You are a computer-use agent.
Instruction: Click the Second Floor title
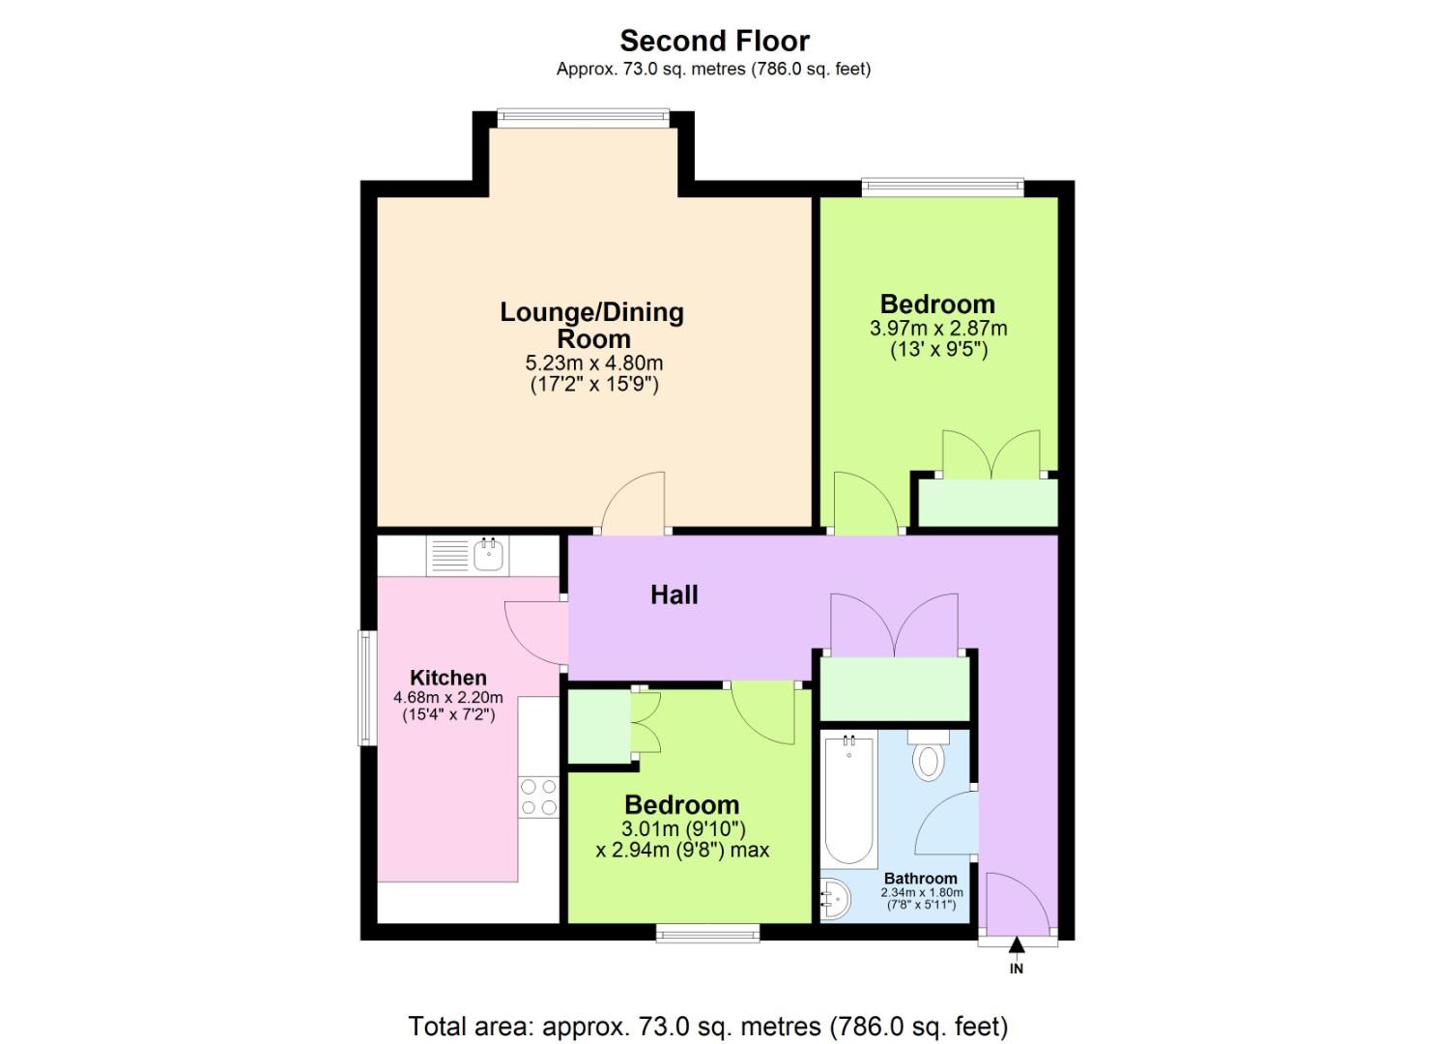pyautogui.click(x=714, y=41)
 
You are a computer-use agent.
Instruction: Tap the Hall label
pyautogui.click(x=674, y=594)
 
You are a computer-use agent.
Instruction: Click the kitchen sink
pyautogui.click(x=489, y=556)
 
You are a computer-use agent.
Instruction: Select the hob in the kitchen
pyautogui.click(x=538, y=797)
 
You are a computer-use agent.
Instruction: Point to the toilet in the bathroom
pyautogui.click(x=928, y=759)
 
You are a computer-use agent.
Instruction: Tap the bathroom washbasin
pyautogui.click(x=835, y=900)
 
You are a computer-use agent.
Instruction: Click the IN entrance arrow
pyautogui.click(x=1016, y=945)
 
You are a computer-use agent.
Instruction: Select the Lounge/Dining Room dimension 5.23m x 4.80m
pyautogui.click(x=593, y=363)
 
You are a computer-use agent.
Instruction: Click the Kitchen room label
pyautogui.click(x=447, y=678)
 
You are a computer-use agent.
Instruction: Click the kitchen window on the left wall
pyautogui.click(x=367, y=687)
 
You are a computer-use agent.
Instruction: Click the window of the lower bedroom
pyautogui.click(x=707, y=932)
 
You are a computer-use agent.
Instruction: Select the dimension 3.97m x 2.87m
pyautogui.click(x=937, y=329)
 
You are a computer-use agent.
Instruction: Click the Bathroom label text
pyautogui.click(x=920, y=879)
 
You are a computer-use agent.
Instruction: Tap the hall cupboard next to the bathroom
pyautogui.click(x=894, y=687)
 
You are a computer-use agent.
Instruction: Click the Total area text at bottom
pyautogui.click(x=707, y=1026)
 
